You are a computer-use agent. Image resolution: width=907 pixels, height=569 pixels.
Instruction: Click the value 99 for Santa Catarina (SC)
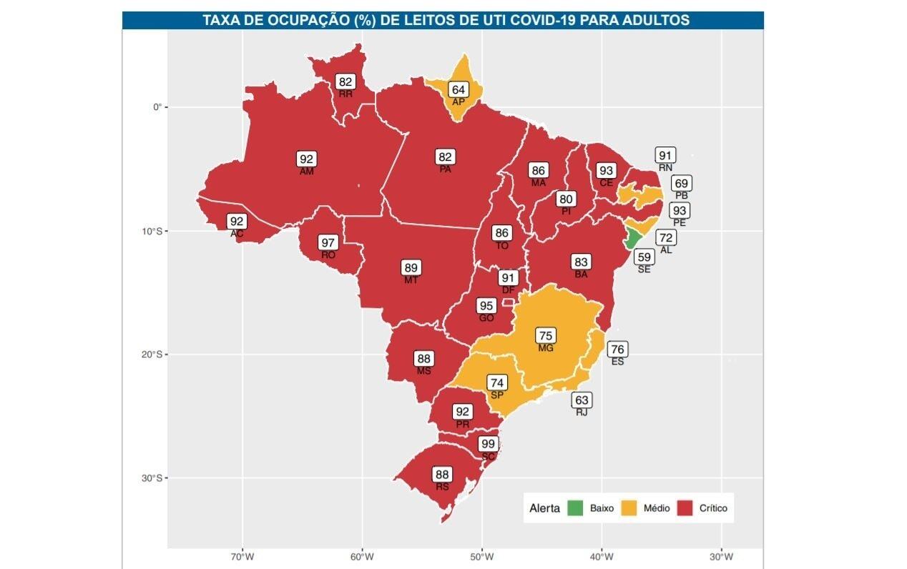[488, 444]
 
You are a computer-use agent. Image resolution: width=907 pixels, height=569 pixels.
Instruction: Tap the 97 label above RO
[328, 242]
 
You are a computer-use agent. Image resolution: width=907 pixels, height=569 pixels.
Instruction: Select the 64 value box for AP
[458, 89]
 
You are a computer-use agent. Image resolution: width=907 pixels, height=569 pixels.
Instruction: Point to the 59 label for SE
[644, 257]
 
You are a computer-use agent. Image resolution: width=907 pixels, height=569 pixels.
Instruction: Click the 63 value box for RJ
[582, 400]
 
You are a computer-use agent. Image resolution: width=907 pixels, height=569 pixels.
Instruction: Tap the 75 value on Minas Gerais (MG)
[546, 336]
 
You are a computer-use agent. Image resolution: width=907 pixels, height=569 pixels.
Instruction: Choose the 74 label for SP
[497, 382]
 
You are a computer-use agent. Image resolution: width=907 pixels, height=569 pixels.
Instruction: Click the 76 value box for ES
[617, 350]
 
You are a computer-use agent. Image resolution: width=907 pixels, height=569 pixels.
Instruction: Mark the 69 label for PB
[681, 184]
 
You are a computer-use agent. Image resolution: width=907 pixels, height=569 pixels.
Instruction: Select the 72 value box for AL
[666, 237]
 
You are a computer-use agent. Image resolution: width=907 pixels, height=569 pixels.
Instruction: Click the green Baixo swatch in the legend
[575, 508]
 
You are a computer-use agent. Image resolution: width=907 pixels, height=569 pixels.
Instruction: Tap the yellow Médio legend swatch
[629, 508]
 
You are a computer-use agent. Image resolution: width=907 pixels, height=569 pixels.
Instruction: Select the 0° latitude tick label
[157, 107]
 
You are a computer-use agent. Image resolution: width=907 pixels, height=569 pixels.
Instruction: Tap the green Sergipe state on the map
[632, 239]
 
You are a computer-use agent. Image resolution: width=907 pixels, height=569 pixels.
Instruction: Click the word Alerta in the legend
[544, 509]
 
